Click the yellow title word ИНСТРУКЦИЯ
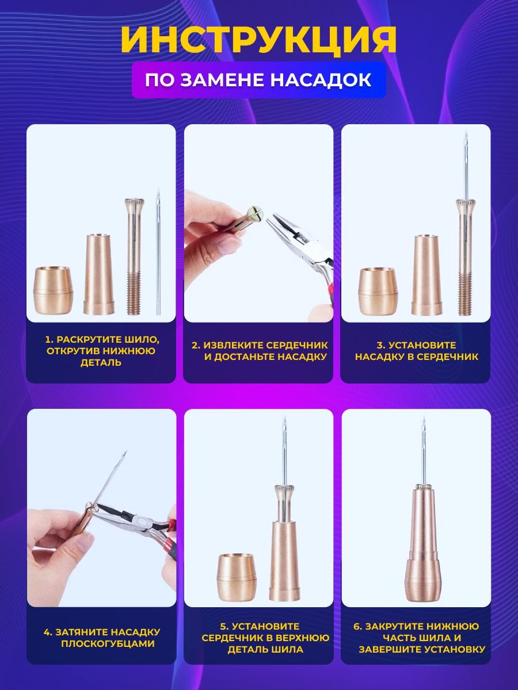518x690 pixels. pyautogui.click(x=258, y=40)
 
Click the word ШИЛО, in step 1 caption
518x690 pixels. pyautogui.click(x=139, y=339)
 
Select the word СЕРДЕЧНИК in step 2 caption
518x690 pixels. pyautogui.click(x=296, y=345)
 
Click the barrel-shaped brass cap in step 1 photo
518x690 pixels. pyautogui.click(x=54, y=290)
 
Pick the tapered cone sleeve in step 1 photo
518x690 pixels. pyautogui.click(x=99, y=274)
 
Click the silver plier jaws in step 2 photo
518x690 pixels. pyautogui.click(x=280, y=229)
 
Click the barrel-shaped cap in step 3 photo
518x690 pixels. pyautogui.click(x=379, y=291)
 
